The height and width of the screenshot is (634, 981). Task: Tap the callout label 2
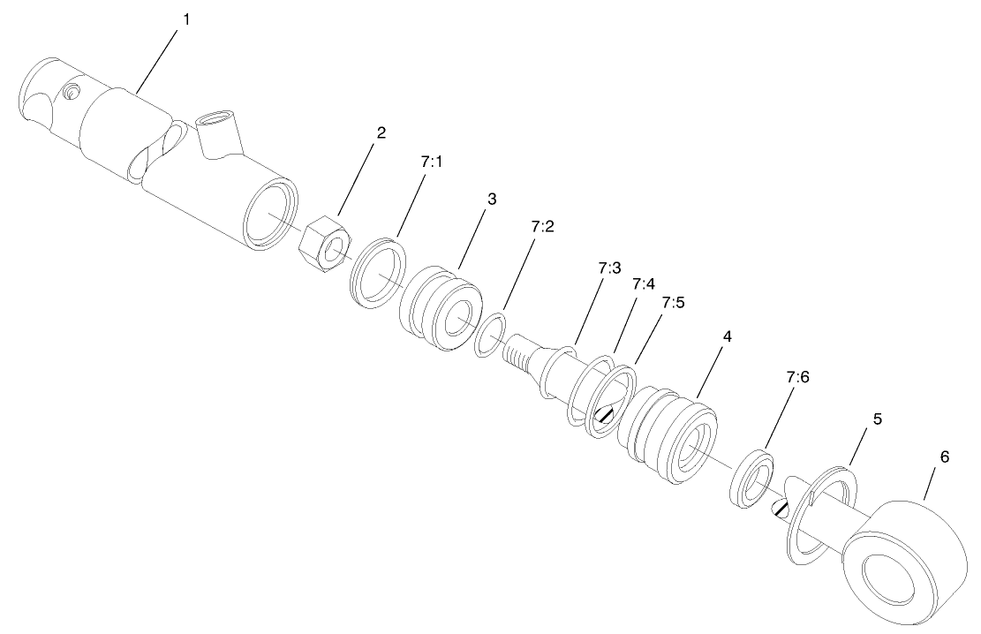click(x=381, y=133)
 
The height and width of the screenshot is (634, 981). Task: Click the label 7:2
click(x=543, y=227)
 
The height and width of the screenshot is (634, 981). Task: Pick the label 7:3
click(x=609, y=268)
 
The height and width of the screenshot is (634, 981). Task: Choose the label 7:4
click(x=644, y=284)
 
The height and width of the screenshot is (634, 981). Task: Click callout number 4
click(x=727, y=337)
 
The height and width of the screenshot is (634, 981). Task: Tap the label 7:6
click(x=797, y=377)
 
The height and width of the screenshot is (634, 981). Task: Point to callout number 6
click(x=944, y=457)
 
